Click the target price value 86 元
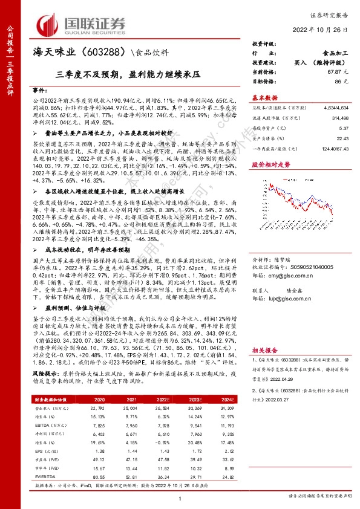(x=345, y=80)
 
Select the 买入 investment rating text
(x=299, y=62)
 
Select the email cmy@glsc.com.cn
(x=293, y=274)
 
